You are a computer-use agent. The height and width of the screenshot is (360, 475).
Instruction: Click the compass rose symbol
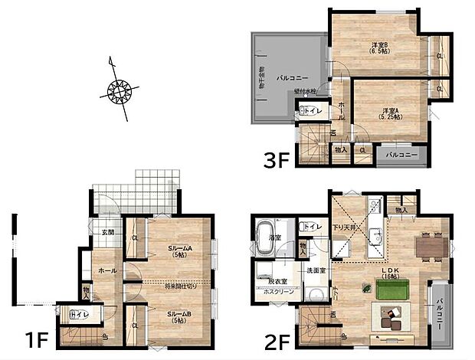point(119,91)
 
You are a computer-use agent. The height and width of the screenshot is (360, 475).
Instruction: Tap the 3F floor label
point(275,163)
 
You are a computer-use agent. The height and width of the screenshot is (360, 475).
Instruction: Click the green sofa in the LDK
point(392,288)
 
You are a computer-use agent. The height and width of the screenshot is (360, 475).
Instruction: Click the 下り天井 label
point(341,229)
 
